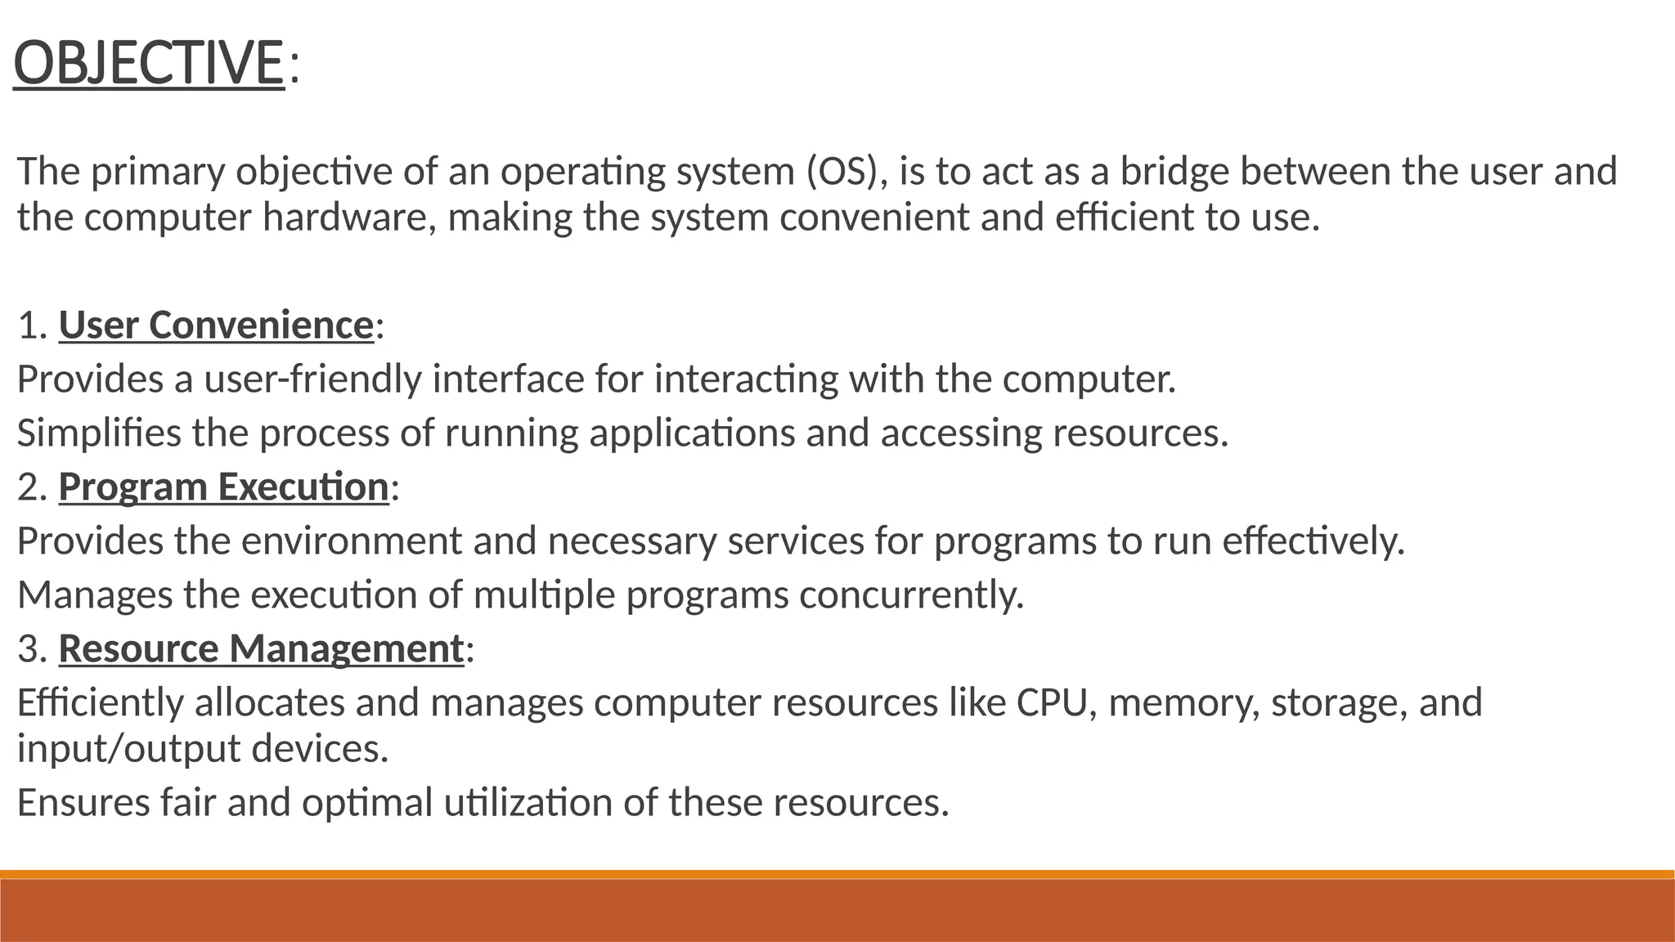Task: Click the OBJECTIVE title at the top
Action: click(x=149, y=64)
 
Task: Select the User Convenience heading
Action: click(x=216, y=325)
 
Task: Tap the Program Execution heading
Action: click(x=223, y=487)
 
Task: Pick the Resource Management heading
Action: click(x=261, y=648)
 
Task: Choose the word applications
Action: click(x=692, y=433)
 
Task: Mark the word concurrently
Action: click(x=911, y=594)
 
